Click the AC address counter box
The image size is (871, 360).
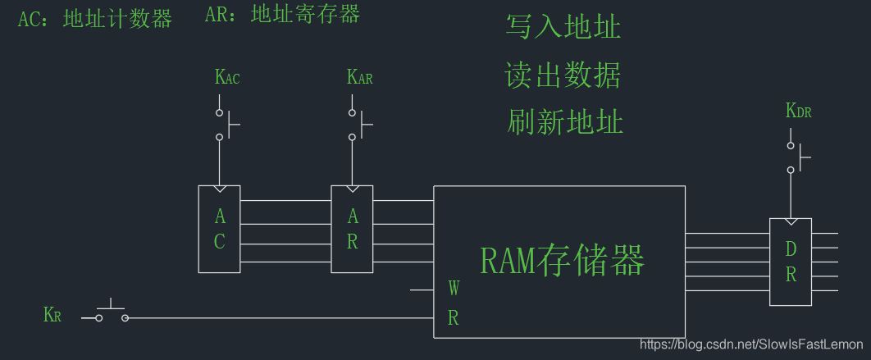click(219, 229)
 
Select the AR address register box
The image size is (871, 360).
click(352, 229)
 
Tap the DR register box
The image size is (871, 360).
click(790, 262)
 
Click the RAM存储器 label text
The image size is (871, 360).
click(562, 261)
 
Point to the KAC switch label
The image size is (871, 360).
click(227, 78)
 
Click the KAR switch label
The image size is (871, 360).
click(360, 78)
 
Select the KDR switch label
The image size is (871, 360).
click(798, 111)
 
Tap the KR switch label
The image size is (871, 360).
click(52, 315)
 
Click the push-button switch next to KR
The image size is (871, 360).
click(112, 315)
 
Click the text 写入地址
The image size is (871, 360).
click(563, 27)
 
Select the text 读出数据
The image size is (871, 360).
click(563, 75)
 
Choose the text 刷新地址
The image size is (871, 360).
click(565, 122)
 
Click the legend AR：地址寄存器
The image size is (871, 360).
click(282, 14)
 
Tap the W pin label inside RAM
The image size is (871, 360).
click(454, 289)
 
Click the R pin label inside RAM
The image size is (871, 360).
click(454, 319)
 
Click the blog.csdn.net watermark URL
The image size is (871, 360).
click(751, 345)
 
